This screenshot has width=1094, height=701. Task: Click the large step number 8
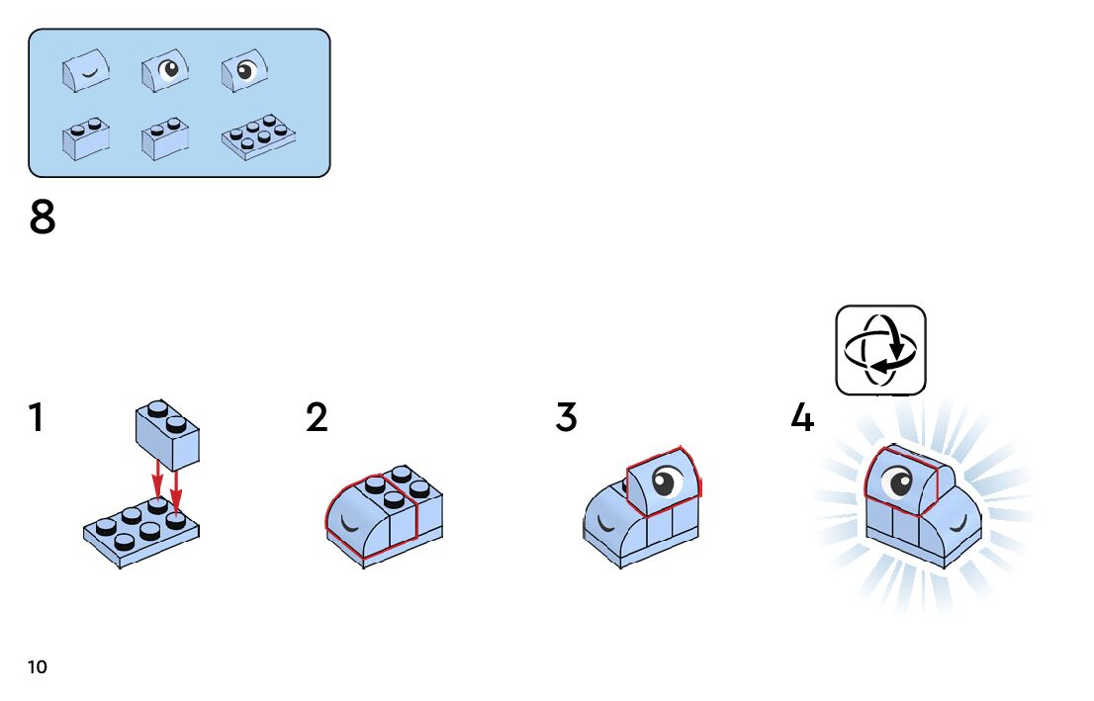point(43,218)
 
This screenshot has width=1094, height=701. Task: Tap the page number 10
point(38,667)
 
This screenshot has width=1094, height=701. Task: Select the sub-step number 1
point(37,418)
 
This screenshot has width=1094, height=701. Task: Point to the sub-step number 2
point(317,418)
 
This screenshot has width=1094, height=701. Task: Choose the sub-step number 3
point(566,418)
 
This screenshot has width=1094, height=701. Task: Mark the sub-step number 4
point(802,418)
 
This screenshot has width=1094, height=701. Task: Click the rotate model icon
point(880,350)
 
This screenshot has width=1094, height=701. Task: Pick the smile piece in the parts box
point(85,71)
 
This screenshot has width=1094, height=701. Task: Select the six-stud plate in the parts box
point(258,137)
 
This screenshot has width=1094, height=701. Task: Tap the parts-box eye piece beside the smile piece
point(165,71)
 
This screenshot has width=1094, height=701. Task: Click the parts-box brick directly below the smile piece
point(85,138)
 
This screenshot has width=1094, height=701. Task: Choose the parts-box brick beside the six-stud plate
point(165,138)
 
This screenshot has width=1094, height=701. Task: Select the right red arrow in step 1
point(176,488)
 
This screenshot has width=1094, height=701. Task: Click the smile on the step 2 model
point(347,521)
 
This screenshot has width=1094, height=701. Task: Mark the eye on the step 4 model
point(900,483)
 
